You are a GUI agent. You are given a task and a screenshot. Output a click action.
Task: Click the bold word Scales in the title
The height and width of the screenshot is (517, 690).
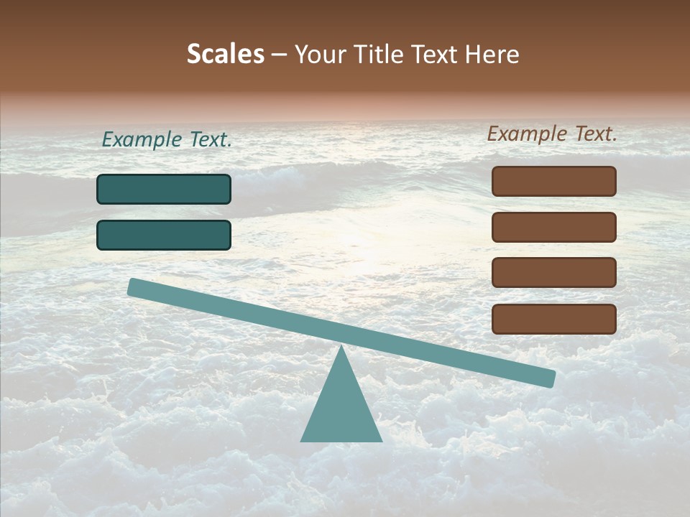coord(226,55)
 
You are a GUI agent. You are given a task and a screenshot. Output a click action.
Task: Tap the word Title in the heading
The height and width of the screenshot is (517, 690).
coord(379,55)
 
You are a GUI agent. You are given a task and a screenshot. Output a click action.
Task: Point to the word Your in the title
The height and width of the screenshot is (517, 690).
coord(320,55)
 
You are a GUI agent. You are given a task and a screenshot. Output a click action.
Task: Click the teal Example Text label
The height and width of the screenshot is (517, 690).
coord(167,140)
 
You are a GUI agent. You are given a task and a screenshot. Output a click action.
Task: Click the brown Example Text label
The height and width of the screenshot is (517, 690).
coord(552,134)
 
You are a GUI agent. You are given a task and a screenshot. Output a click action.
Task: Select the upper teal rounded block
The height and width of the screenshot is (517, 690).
coord(164,189)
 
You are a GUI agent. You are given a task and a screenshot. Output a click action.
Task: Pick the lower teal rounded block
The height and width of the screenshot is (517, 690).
coord(164,235)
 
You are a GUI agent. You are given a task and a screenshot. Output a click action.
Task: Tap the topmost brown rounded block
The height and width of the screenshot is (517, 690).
coord(554,181)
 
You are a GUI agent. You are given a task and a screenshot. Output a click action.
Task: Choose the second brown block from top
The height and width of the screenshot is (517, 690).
coord(554,227)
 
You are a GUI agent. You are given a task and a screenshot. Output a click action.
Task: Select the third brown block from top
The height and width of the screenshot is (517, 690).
coord(554,273)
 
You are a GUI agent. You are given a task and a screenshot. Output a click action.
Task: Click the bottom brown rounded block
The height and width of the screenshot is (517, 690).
coord(554,319)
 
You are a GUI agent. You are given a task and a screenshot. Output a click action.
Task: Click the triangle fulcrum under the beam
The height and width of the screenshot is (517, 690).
coord(341,409)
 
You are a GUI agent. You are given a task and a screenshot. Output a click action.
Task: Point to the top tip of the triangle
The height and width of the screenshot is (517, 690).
coord(341,348)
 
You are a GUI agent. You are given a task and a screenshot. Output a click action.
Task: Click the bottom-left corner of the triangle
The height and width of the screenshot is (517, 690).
coord(302,440)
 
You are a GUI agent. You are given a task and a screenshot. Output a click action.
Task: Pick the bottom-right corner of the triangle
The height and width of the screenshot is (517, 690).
coord(381,440)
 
